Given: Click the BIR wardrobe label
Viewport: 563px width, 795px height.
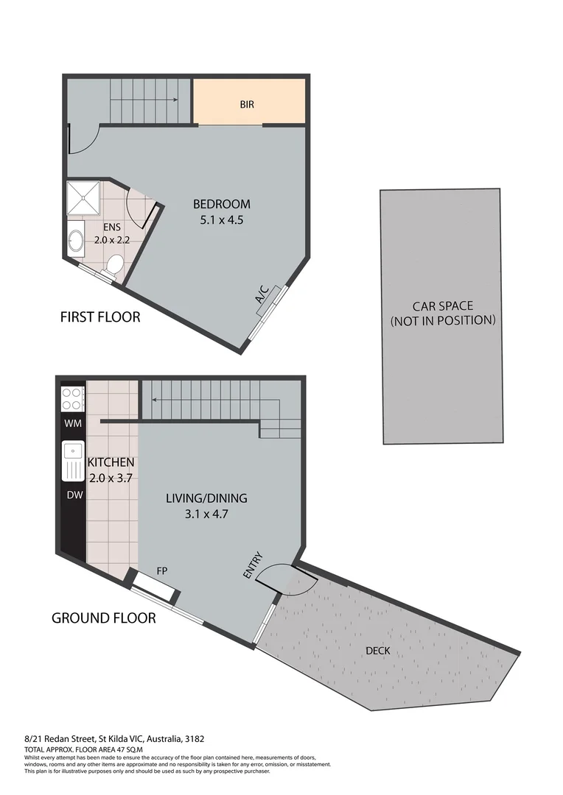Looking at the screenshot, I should coord(247,105).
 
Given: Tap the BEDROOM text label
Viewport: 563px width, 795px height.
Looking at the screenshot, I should coord(222,204).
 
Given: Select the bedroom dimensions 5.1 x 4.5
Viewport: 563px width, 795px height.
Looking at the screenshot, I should coord(222,219).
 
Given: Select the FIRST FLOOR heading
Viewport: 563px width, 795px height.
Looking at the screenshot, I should coord(99,318).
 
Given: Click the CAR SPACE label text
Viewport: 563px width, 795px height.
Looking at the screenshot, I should coord(442,306).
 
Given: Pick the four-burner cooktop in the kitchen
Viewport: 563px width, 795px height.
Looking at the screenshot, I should coord(71,398).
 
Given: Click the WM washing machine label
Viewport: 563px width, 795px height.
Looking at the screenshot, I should coord(73,423).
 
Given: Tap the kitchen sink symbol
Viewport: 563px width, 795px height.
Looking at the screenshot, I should coord(73,459).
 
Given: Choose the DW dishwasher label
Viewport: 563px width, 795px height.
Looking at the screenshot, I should coord(74,495).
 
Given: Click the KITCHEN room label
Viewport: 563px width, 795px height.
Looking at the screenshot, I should coord(111,462).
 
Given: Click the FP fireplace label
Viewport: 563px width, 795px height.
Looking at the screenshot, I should coord(161,570).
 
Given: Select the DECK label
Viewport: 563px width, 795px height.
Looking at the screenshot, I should coord(377,651).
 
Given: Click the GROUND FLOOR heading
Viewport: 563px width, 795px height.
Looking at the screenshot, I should coord(103,618).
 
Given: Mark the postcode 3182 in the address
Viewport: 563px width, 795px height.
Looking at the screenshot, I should coord(194,738).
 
